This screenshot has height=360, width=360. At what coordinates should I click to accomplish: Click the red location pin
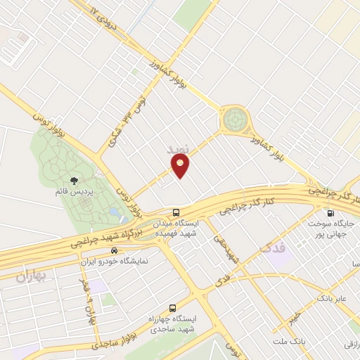pos(181,165)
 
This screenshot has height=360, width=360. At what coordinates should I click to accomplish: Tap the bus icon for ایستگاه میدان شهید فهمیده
pos(176,212)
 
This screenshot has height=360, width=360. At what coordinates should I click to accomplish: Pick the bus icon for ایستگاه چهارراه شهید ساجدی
pos(172,308)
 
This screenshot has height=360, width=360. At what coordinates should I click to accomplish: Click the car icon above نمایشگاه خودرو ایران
pos(114,251)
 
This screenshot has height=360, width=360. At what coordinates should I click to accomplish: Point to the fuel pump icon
pos(330,213)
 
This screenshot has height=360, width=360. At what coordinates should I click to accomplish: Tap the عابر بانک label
pos(333,299)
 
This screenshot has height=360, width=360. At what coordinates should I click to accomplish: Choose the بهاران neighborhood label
pos(30,276)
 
